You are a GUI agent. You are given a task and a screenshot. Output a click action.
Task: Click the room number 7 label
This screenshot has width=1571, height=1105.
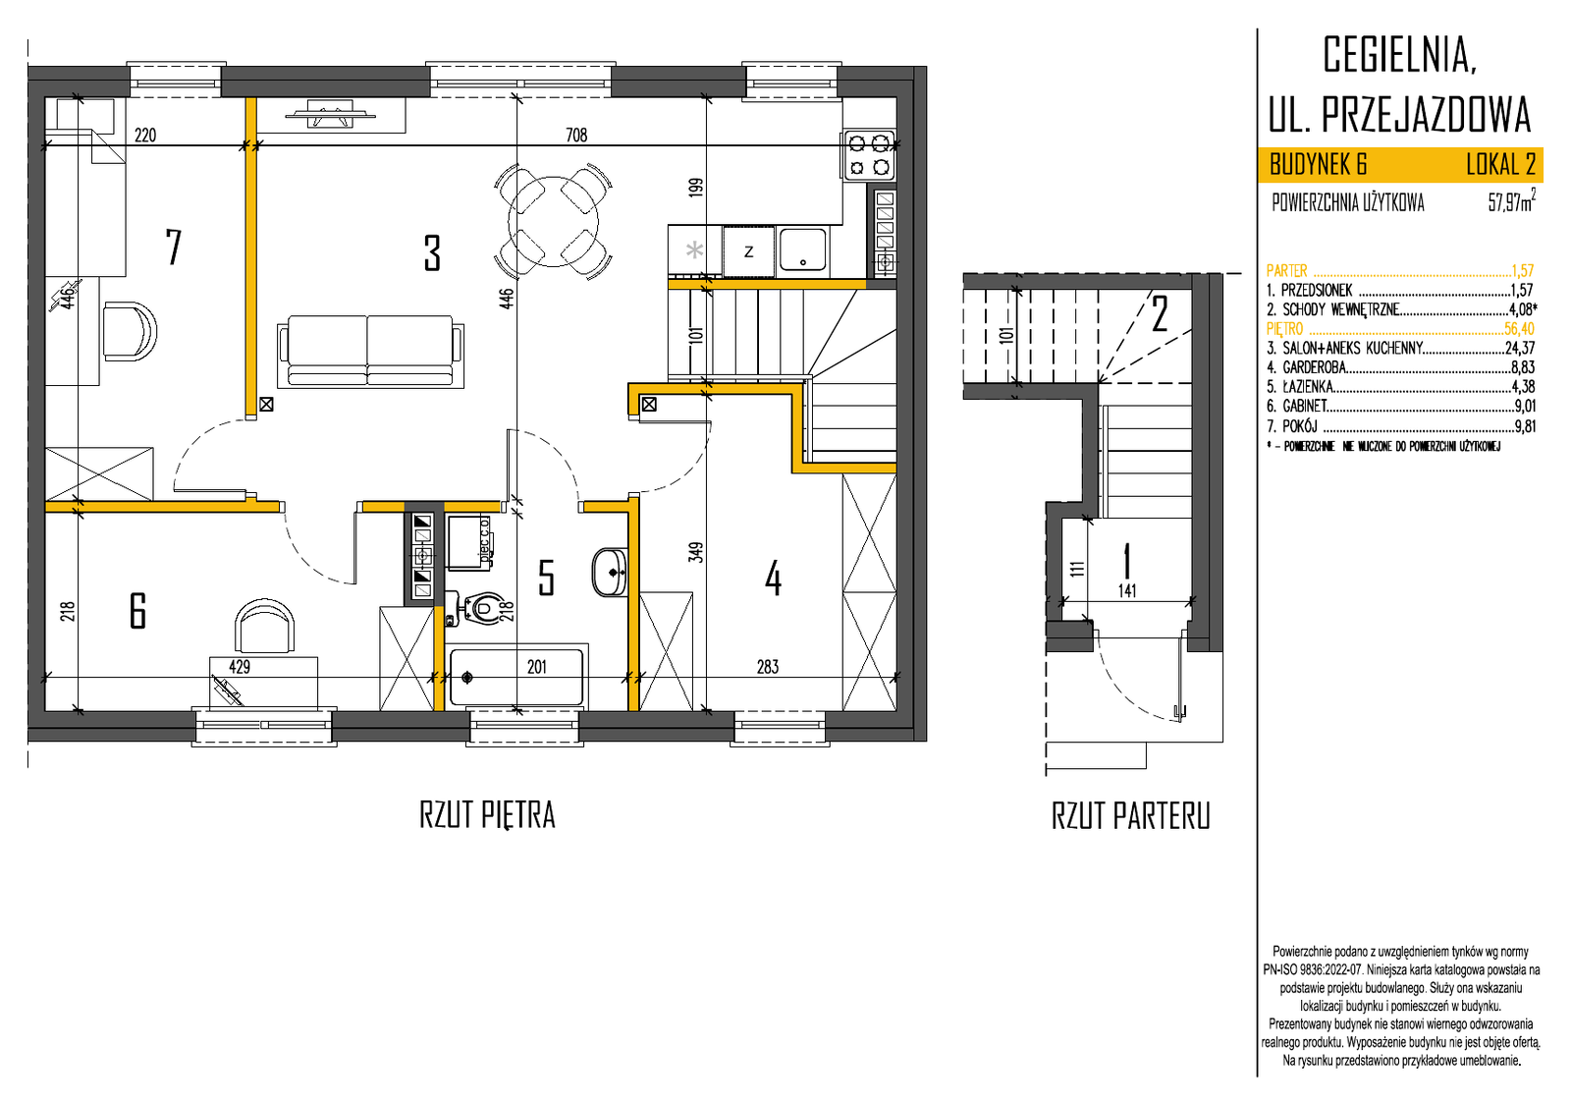point(173,247)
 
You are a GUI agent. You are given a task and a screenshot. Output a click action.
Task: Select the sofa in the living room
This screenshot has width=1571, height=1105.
point(370,351)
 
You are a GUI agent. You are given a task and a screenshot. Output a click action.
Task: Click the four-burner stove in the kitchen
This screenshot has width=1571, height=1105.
point(870,155)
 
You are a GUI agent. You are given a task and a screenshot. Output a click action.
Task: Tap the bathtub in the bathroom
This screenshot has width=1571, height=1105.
point(516,677)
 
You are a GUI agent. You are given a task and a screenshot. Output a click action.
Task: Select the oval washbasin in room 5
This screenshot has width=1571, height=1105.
point(610,573)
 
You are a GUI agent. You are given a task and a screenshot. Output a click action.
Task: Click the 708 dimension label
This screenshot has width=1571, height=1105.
point(576,135)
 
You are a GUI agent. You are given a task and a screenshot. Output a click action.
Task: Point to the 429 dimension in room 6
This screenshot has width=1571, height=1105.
point(240,667)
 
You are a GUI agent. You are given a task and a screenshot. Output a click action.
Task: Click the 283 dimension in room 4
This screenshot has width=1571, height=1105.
point(767,667)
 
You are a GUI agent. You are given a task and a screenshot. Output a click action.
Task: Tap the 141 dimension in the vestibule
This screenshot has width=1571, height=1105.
point(1127,590)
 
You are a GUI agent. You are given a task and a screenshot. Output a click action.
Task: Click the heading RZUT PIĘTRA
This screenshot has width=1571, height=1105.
point(487,815)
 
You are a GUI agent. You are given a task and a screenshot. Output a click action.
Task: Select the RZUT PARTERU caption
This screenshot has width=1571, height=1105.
point(1130,816)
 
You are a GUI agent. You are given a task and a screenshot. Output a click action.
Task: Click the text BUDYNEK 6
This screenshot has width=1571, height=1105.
point(1318,166)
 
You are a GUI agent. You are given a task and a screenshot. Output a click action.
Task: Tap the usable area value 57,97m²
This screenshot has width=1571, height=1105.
point(1512,201)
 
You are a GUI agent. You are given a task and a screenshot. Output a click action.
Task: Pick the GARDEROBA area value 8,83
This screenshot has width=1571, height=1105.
point(1523,367)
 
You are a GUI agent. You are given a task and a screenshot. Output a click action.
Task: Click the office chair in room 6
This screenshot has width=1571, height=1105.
point(264,626)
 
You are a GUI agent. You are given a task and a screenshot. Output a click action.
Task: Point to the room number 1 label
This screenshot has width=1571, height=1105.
point(1127,561)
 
